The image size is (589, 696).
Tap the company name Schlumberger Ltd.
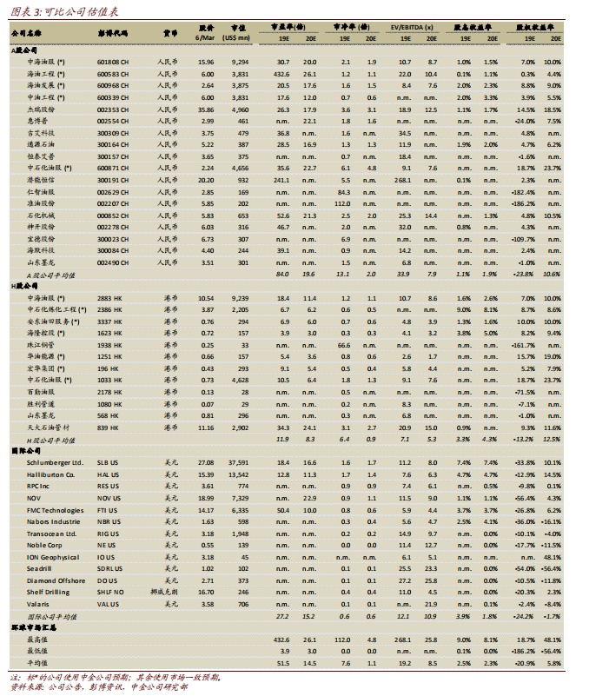click(56, 463)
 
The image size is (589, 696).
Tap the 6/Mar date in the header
click(206, 39)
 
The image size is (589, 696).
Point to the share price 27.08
click(206, 463)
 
